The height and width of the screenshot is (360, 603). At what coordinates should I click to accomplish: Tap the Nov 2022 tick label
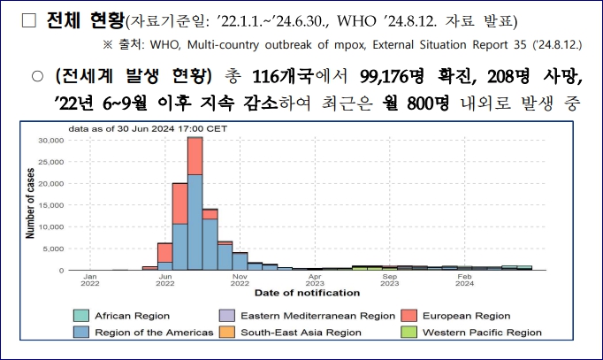pos(240,280)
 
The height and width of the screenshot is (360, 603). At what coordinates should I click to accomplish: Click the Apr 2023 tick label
pos(315,280)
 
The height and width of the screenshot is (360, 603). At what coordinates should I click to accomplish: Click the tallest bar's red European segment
pos(195,156)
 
